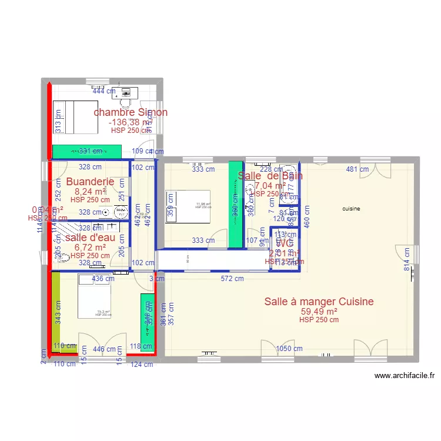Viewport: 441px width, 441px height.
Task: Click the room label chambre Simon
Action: [x=131, y=112]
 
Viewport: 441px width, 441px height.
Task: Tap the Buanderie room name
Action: [x=90, y=182]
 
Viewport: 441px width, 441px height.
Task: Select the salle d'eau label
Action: [x=90, y=238]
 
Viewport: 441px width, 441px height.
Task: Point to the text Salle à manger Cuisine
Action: [x=319, y=302]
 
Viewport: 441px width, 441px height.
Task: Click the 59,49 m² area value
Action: [x=319, y=312]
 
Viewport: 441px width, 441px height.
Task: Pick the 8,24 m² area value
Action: [x=90, y=191]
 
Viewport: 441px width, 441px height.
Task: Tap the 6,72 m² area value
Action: [x=90, y=247]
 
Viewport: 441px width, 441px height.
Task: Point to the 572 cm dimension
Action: [x=232, y=279]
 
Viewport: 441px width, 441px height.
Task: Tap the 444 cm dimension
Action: [x=104, y=91]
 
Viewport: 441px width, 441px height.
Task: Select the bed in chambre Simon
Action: [x=75, y=116]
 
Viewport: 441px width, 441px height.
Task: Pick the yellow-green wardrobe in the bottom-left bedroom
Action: [x=56, y=312]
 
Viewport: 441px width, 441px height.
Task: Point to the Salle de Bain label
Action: [x=270, y=175]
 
